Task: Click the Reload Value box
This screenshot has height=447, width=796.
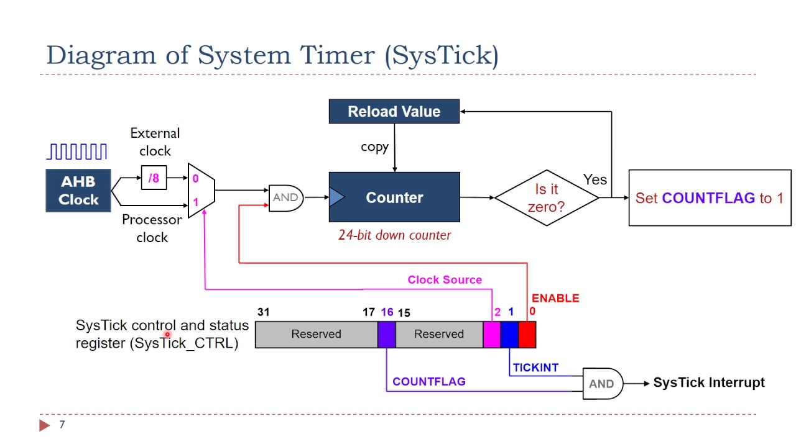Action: tap(394, 112)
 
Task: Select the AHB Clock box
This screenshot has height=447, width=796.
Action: tap(78, 191)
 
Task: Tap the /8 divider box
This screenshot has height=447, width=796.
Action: tap(154, 178)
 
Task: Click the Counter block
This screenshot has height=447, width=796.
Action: tap(394, 197)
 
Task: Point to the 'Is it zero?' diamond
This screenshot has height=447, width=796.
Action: tap(546, 198)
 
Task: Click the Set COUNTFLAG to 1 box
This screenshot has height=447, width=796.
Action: tap(710, 198)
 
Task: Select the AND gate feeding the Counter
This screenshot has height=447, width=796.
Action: tap(285, 197)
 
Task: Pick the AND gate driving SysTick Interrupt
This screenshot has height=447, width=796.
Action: tap(601, 384)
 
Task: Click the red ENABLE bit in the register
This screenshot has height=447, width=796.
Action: tap(527, 334)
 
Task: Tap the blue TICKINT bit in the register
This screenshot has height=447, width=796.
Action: tap(509, 334)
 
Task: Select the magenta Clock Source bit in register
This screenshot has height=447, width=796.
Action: tap(492, 334)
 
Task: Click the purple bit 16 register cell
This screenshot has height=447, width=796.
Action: tap(386, 334)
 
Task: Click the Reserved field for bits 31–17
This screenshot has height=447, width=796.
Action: tap(316, 334)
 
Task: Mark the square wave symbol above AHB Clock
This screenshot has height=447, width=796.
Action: tap(77, 152)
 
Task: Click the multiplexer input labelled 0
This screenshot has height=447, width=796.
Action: tap(195, 179)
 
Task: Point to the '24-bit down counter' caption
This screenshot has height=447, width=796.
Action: tap(394, 235)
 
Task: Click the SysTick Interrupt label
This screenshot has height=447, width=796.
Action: tap(709, 382)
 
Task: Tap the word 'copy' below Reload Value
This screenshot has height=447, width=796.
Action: tap(374, 147)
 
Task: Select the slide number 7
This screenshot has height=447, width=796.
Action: tap(62, 425)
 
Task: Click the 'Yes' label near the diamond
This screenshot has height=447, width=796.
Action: tap(595, 179)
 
